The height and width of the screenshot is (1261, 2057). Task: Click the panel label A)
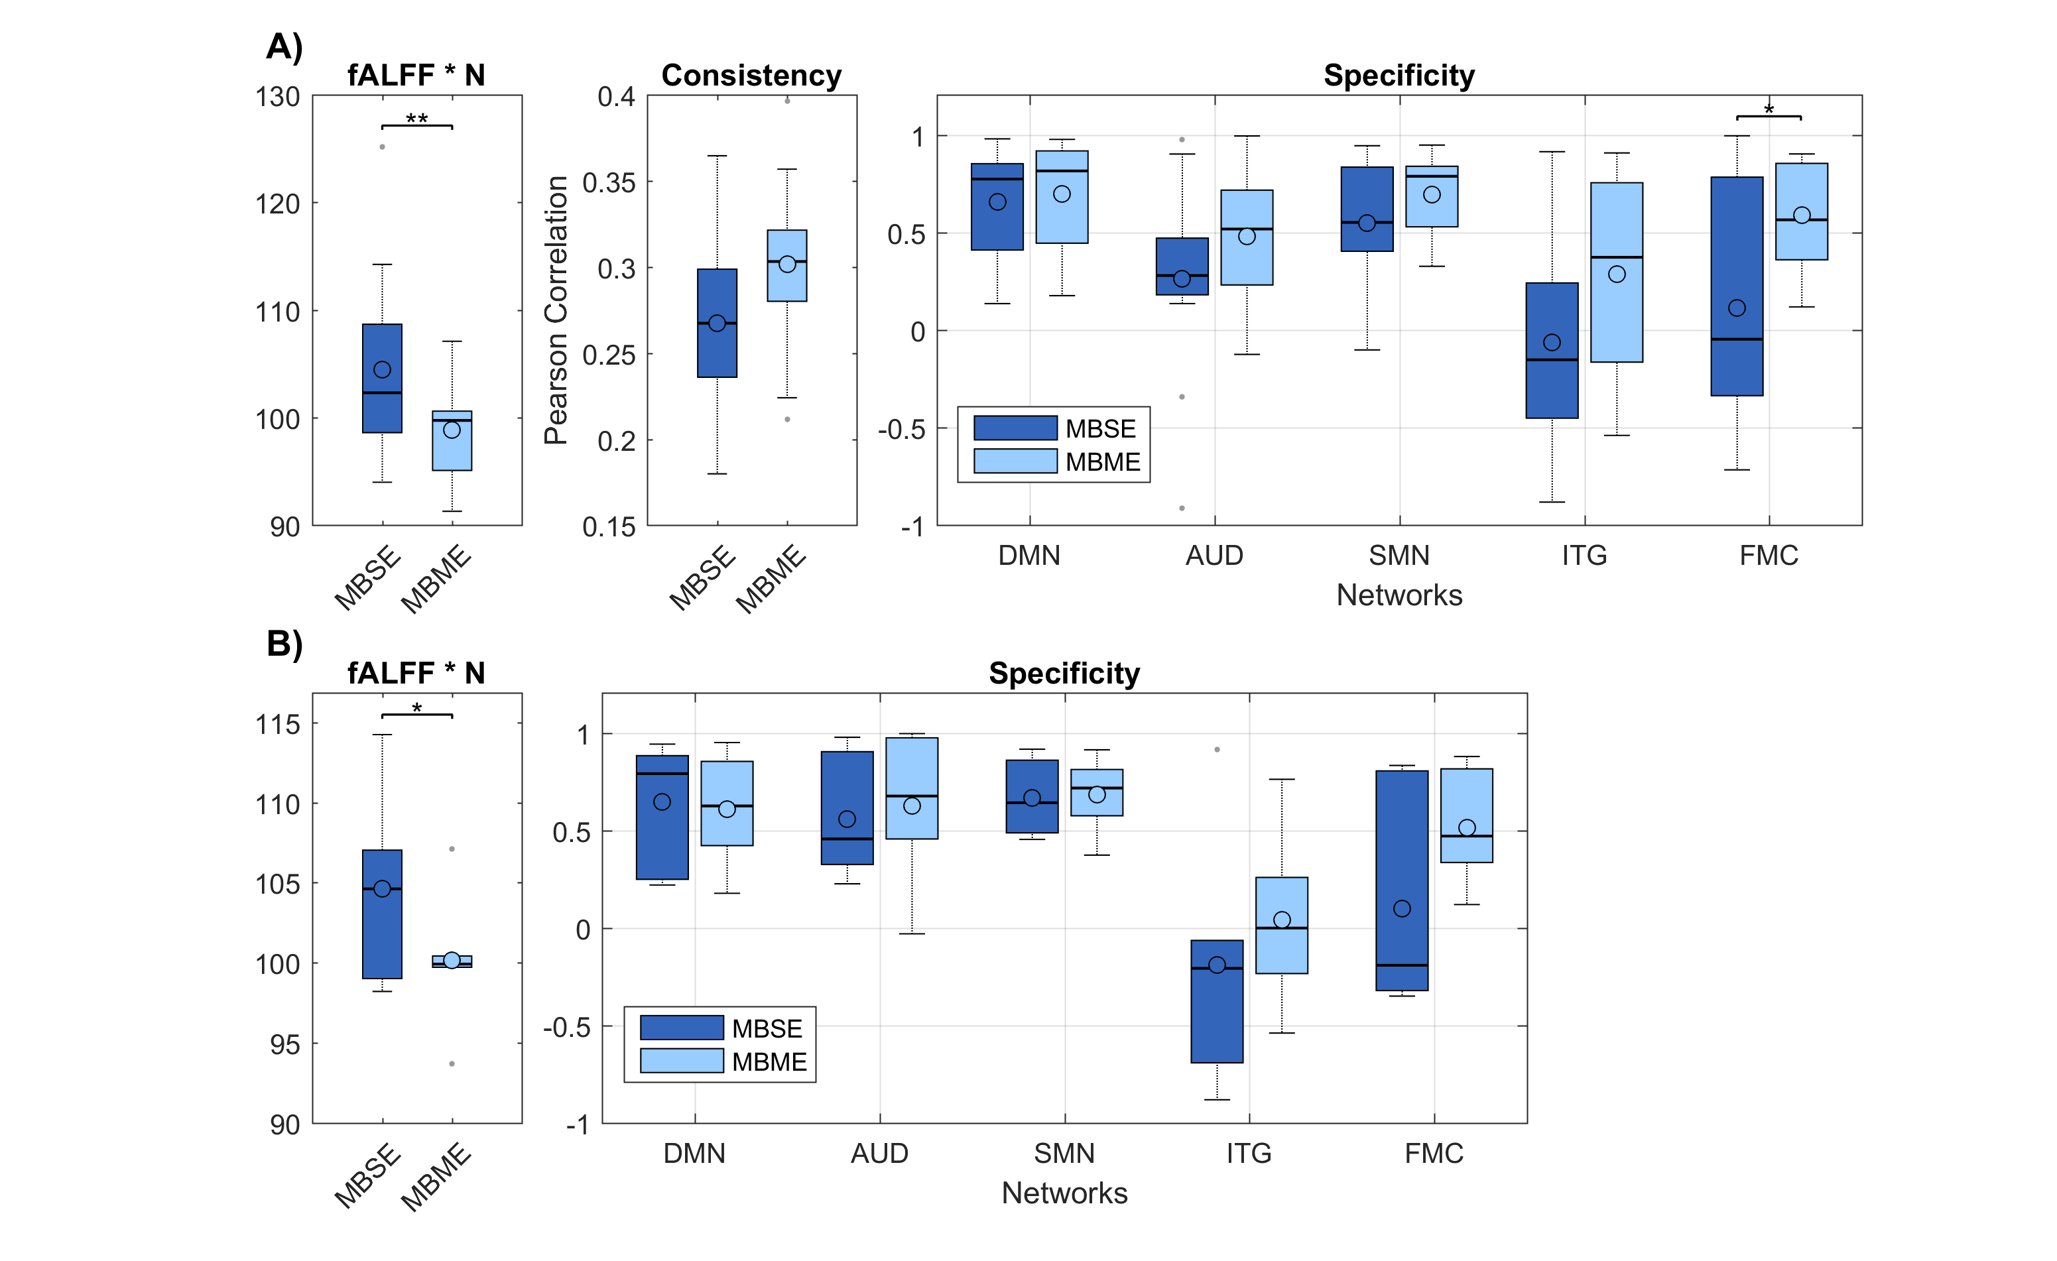pos(284,46)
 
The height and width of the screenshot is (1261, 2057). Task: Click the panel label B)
pos(284,644)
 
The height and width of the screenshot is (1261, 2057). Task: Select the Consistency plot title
pos(751,76)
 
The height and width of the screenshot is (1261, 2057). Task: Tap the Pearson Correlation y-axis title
pos(556,310)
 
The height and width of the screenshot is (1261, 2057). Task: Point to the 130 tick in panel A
pos(278,97)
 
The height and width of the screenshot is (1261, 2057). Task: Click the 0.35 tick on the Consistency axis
pos(609,183)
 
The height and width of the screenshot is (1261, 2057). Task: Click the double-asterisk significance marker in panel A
pos(416,119)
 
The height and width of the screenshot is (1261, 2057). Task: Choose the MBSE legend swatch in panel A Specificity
pos(1015,428)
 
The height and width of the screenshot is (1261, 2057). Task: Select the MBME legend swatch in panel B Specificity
pos(681,1061)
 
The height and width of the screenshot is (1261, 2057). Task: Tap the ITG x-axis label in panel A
pos(1584,556)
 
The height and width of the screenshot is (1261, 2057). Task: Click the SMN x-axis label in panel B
pos(1064,1154)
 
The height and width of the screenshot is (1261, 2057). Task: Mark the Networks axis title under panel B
pos(1064,1193)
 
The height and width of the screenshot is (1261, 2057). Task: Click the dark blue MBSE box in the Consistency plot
pos(717,323)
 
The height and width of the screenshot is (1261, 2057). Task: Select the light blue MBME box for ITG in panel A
pos(1616,272)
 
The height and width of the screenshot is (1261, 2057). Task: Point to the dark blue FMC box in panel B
pos(1402,880)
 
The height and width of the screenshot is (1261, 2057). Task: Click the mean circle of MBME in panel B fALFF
pos(452,961)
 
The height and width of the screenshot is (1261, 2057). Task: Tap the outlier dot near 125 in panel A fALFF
pos(383,147)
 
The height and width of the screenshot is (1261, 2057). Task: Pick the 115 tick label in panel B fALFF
pos(278,725)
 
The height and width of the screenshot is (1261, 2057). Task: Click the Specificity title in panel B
pos(1064,674)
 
